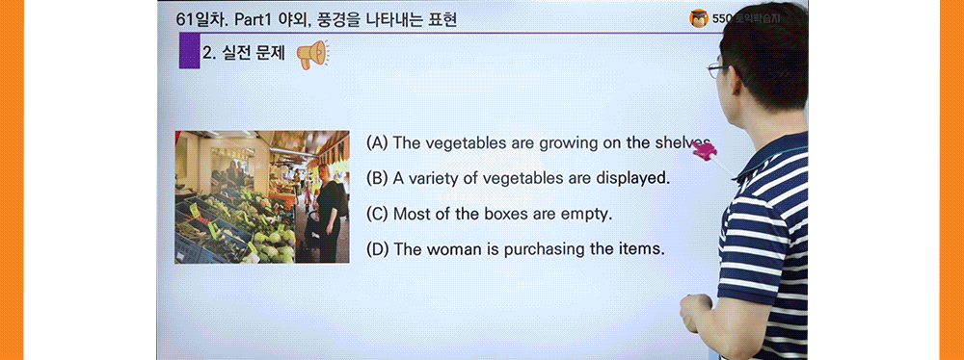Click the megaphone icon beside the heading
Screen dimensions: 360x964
pyautogui.click(x=311, y=55)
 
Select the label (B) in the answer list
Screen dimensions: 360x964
pyautogui.click(x=377, y=178)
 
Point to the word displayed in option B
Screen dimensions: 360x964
pyautogui.click(x=631, y=178)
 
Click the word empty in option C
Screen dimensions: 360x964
pyautogui.click(x=587, y=214)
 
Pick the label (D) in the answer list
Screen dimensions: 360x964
pyautogui.click(x=378, y=248)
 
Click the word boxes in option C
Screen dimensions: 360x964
pyautogui.click(x=501, y=214)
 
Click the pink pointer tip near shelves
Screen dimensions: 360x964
pyautogui.click(x=703, y=149)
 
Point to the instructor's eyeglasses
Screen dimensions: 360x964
pyautogui.click(x=714, y=69)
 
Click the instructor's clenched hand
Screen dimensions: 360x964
pyautogui.click(x=695, y=314)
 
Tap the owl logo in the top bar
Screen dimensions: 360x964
pyautogui.click(x=699, y=17)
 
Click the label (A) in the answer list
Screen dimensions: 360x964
pyautogui.click(x=377, y=142)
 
